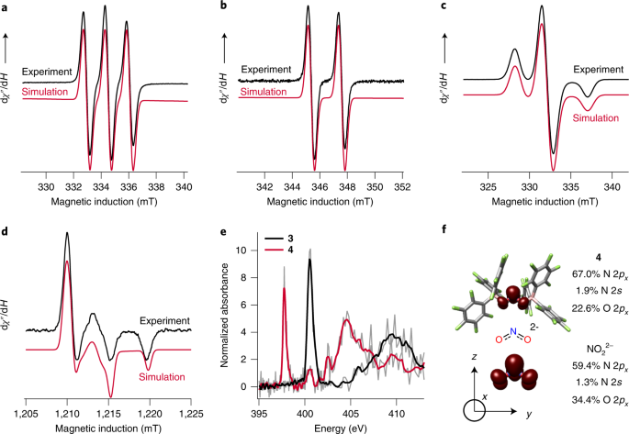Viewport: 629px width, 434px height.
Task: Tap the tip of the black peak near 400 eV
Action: (309, 260)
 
